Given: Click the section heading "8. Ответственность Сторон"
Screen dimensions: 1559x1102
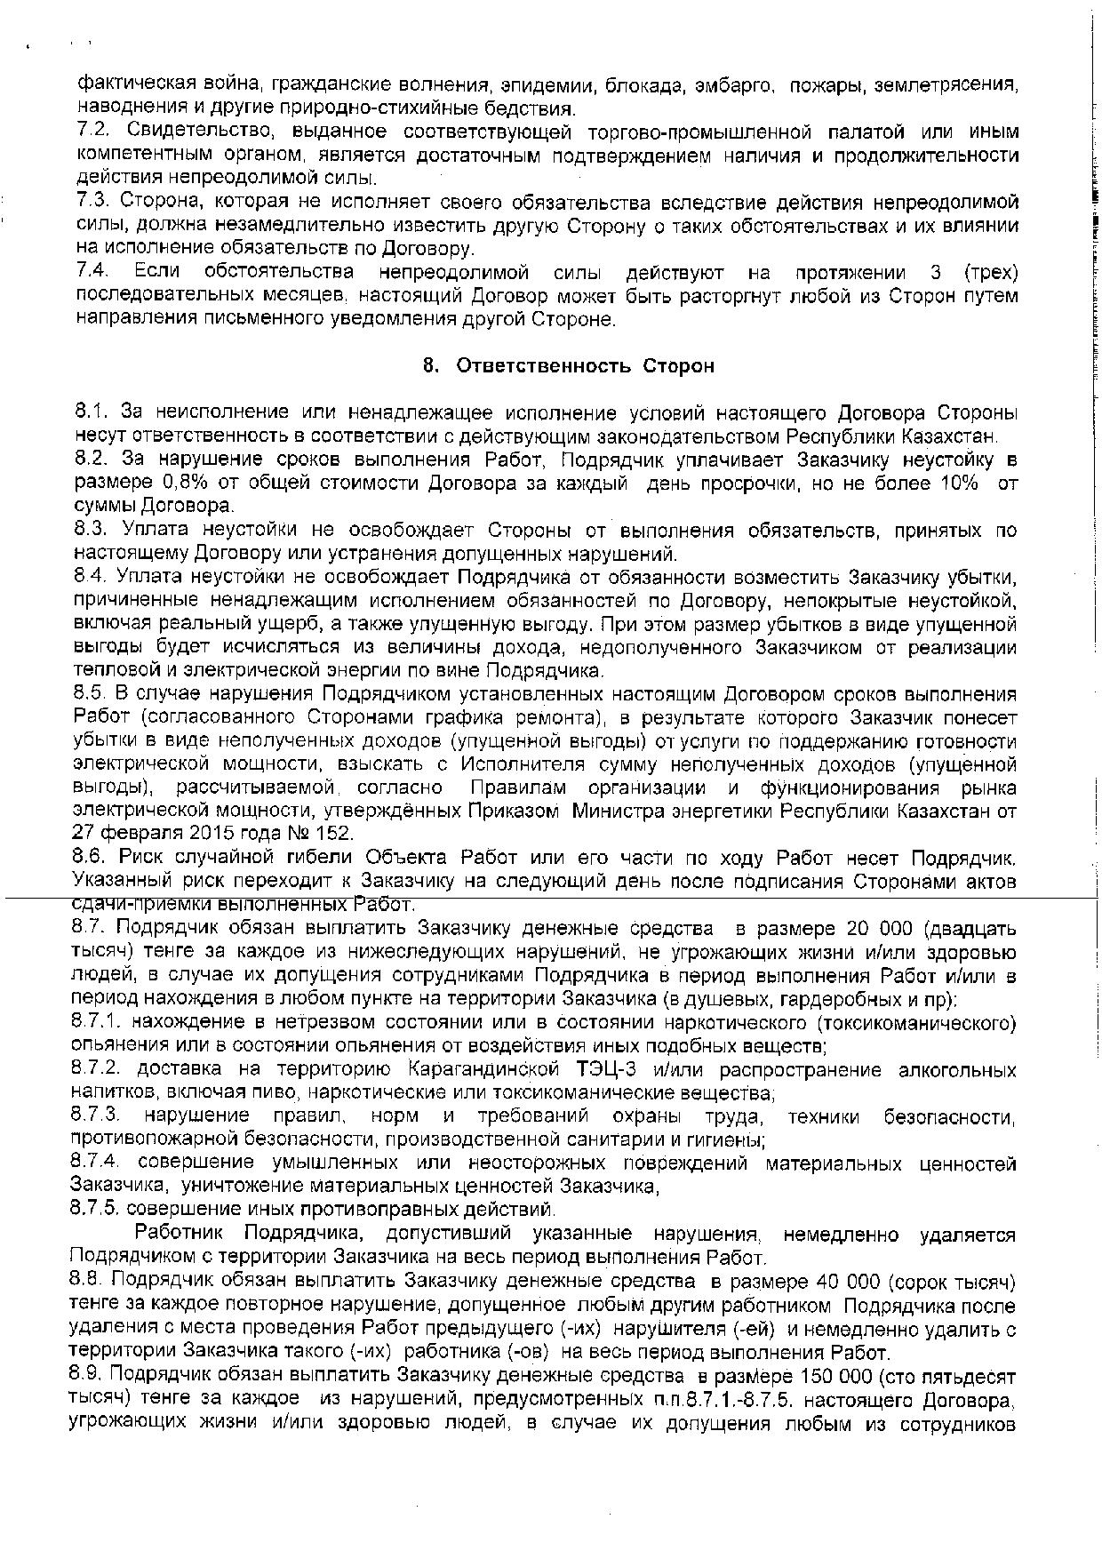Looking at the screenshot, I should click(569, 366).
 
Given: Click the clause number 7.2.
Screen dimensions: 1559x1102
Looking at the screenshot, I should click(92, 132).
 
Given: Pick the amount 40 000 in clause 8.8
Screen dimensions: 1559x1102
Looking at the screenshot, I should click(844, 1282).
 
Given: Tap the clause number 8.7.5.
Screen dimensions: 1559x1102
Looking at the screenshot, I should click(96, 1209).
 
